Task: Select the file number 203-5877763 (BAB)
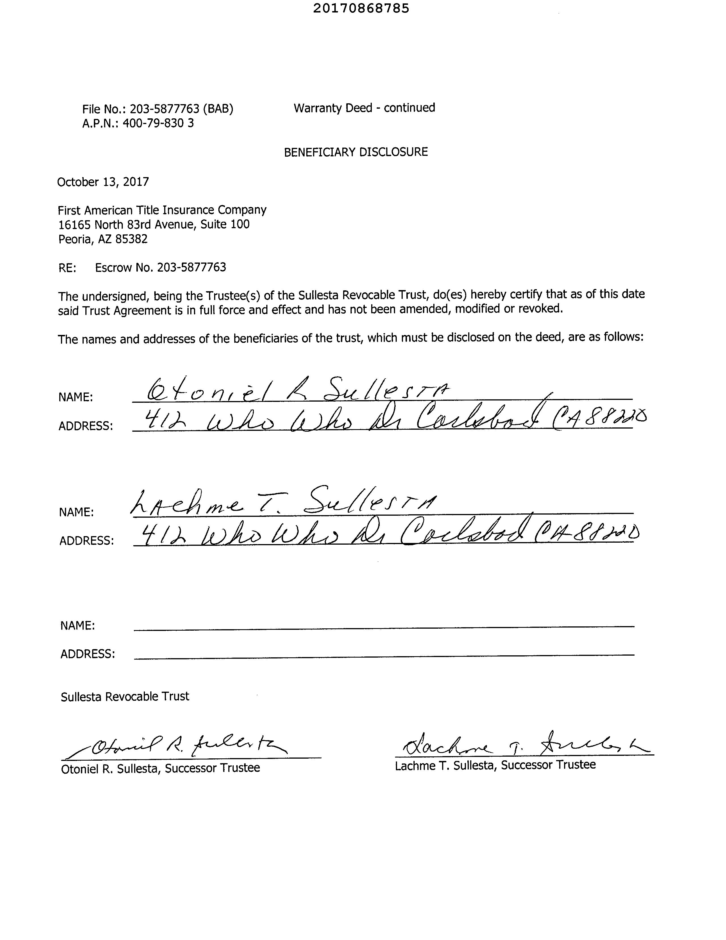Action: click(181, 109)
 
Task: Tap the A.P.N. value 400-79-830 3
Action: click(158, 123)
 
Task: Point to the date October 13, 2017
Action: click(103, 182)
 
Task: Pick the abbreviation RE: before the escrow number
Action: click(67, 268)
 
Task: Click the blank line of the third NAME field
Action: click(384, 627)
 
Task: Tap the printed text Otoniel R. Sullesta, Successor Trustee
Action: click(161, 768)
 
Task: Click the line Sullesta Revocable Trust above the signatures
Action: click(125, 697)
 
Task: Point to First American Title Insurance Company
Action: click(162, 210)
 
